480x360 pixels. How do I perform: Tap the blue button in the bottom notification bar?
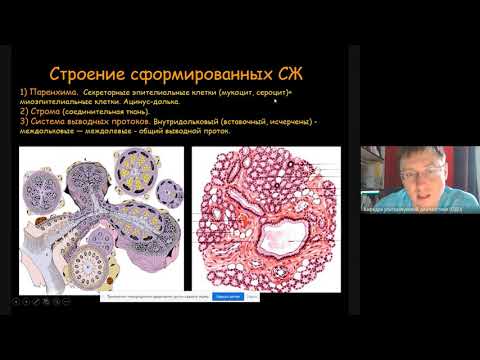coord(227,296)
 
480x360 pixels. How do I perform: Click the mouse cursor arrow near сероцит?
coord(274,100)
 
